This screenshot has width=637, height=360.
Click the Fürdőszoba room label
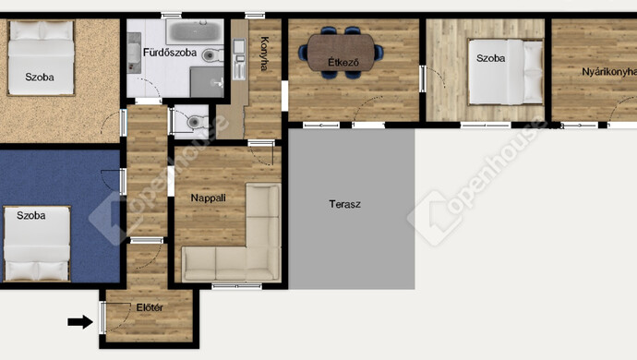coord(170,53)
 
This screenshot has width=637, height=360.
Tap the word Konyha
coord(264,54)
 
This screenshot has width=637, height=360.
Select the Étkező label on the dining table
coord(343,63)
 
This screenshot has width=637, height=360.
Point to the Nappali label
coord(208,198)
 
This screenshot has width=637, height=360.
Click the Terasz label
coord(344,204)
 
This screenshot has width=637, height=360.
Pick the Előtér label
coord(150,307)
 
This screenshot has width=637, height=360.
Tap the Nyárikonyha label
coord(609,72)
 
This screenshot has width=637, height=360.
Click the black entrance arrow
coord(80,322)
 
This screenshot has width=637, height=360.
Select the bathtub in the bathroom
coord(195,31)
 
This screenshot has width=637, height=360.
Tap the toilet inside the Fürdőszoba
coord(212,54)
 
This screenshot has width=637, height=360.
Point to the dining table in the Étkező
coord(341,53)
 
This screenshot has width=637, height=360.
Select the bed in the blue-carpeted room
coord(37,244)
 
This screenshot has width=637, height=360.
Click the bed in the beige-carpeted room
coord(41,58)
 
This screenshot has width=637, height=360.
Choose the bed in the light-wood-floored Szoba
coord(506,71)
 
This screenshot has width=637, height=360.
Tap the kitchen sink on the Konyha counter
coord(239,46)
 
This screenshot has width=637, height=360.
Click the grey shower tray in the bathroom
coord(207,82)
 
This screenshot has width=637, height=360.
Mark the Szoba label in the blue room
coord(30,215)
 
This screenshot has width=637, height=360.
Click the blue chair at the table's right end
coord(379,53)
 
